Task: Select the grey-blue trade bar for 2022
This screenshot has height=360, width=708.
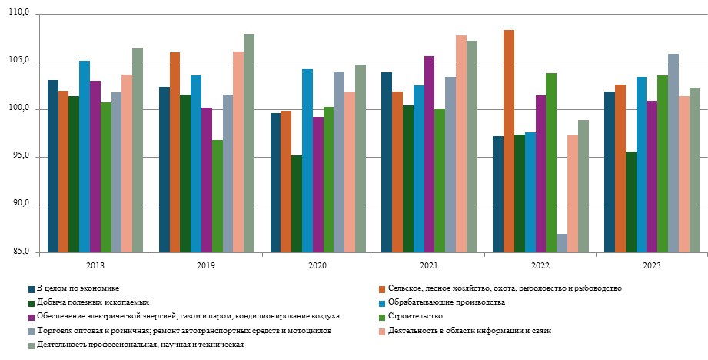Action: click(562, 243)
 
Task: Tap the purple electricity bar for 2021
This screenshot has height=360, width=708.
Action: click(430, 154)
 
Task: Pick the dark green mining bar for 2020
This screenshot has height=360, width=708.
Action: click(297, 204)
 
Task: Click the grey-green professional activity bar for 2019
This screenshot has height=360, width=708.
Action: click(249, 143)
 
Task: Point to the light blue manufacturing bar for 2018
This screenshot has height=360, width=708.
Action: click(85, 157)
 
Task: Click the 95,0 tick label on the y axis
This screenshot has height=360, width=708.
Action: click(19, 157)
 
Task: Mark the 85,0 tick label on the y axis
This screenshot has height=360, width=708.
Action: click(19, 252)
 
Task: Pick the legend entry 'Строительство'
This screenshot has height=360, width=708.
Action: click(415, 316)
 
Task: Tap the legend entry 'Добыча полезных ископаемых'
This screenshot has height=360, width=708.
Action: click(92, 302)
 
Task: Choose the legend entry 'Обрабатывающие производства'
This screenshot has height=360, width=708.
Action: click(446, 302)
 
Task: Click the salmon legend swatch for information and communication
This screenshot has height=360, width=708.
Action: click(381, 331)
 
